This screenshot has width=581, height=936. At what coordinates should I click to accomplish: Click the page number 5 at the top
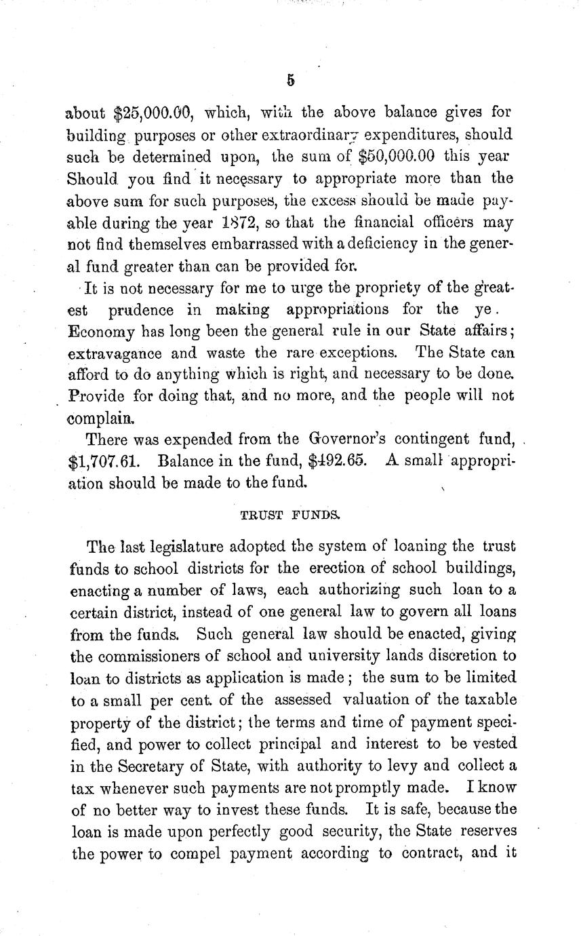click(290, 80)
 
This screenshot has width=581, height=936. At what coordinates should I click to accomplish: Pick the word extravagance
click(115, 353)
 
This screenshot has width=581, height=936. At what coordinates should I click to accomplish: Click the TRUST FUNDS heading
click(289, 515)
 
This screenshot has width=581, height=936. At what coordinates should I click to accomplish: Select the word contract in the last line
click(428, 853)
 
